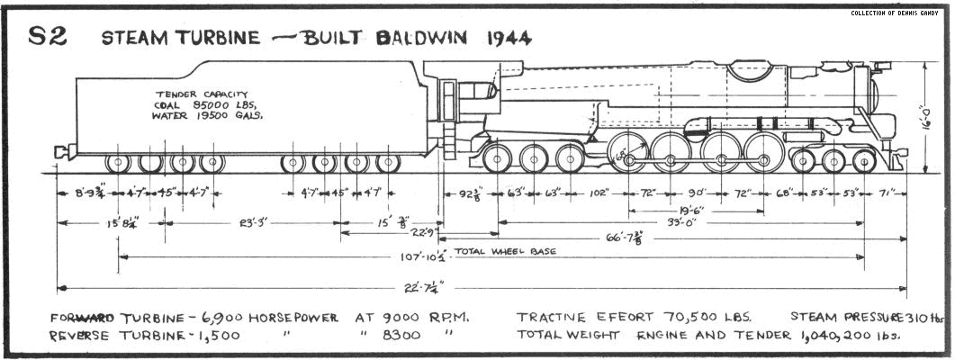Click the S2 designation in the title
point(48,37)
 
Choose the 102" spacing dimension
point(602,193)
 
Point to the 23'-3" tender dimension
point(251,220)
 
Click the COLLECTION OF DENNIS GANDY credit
point(896,13)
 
